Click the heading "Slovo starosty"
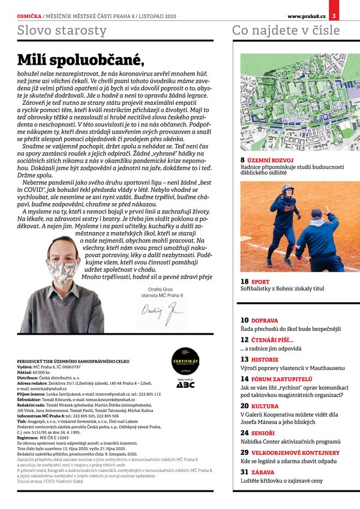[x=62, y=30]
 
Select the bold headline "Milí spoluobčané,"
[x=80, y=59]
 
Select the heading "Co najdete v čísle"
[x=286, y=30]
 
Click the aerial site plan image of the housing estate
[x=292, y=103]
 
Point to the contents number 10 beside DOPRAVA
[x=245, y=321]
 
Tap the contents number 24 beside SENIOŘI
[x=245, y=433]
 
